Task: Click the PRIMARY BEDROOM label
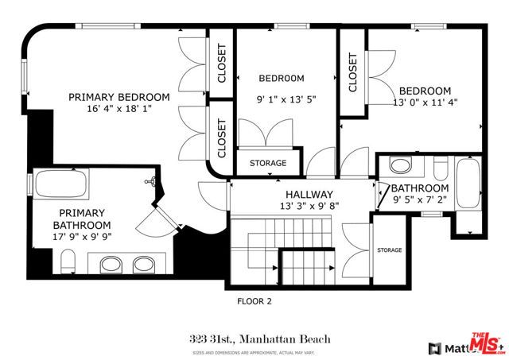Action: [x=119, y=97]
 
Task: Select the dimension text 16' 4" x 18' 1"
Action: [x=119, y=109]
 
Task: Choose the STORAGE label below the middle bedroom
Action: [x=268, y=163]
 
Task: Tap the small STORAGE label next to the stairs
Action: [x=390, y=250]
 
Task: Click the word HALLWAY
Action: [x=309, y=195]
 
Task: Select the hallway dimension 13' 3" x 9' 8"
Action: [x=309, y=206]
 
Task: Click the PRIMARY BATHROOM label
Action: [x=80, y=219]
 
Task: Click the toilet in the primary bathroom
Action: [x=68, y=261]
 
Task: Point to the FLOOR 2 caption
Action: [x=254, y=301]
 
